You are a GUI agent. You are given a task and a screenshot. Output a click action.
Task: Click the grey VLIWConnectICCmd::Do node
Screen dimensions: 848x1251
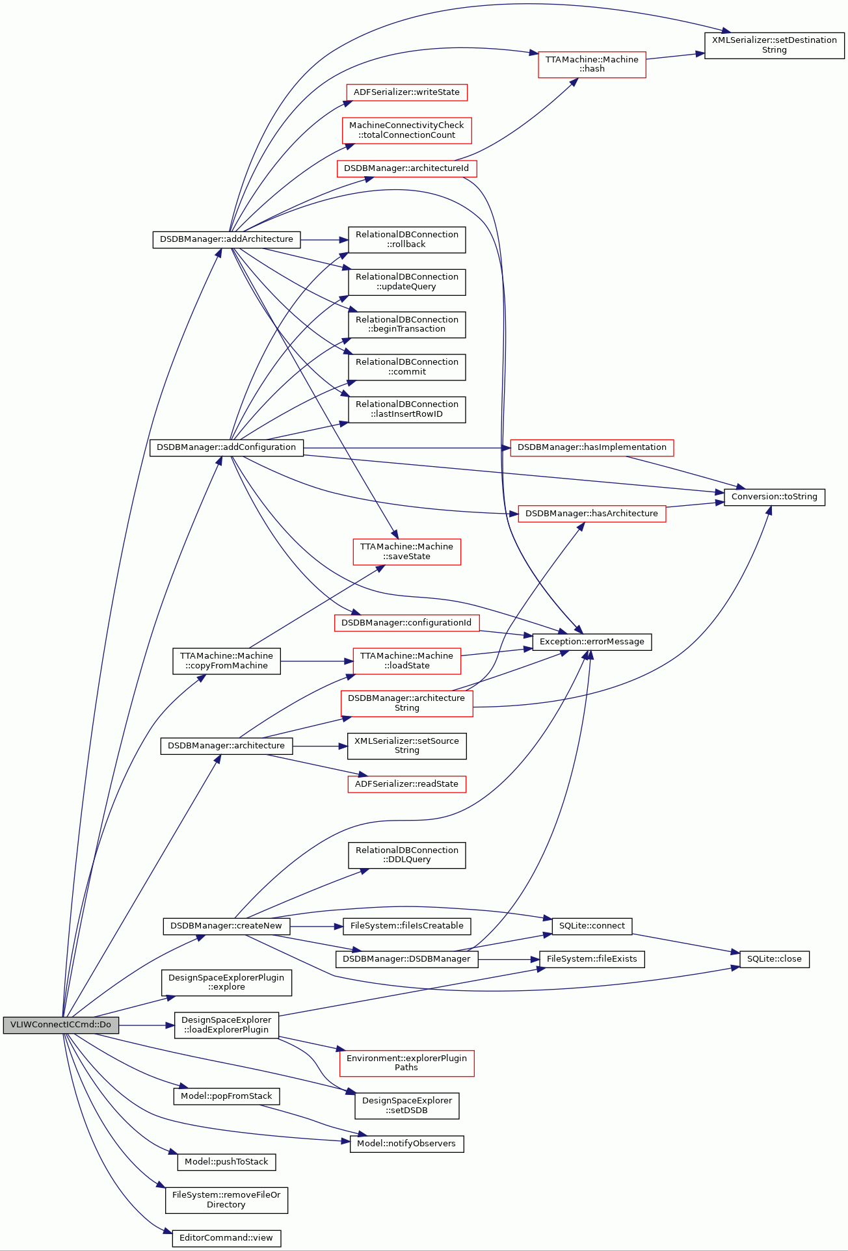point(61,1025)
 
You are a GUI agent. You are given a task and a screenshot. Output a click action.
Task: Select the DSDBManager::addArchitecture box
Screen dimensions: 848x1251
point(226,239)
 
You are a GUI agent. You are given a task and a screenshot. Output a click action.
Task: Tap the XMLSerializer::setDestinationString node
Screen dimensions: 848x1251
point(775,45)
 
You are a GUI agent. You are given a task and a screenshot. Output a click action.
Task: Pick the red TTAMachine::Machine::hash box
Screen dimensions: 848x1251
point(592,64)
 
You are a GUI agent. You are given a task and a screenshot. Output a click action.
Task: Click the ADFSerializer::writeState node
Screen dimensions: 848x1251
point(406,92)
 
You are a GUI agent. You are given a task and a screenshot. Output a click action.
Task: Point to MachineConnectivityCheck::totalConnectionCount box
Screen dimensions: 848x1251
point(406,130)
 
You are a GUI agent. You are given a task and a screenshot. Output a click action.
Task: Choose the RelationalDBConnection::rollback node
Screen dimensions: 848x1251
point(407,239)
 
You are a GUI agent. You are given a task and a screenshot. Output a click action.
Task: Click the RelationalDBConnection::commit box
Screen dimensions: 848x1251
point(407,367)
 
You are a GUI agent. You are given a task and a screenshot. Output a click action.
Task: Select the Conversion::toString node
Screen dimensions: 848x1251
point(775,497)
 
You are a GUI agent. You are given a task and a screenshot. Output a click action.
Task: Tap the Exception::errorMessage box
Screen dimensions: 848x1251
point(592,642)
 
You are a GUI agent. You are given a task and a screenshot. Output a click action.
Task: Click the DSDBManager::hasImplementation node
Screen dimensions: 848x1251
point(592,447)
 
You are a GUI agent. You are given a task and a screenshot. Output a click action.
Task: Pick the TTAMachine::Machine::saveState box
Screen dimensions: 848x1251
point(406,551)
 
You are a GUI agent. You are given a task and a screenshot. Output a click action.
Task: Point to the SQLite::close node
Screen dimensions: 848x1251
point(775,959)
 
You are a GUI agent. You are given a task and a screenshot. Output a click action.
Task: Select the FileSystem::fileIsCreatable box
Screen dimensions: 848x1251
point(407,926)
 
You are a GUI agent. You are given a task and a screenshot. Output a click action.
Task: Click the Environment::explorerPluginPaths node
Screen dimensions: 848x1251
point(406,1063)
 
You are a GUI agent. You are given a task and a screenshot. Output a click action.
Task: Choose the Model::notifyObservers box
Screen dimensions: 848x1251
point(406,1144)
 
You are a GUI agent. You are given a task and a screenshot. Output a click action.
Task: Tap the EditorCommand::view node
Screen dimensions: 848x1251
point(226,1238)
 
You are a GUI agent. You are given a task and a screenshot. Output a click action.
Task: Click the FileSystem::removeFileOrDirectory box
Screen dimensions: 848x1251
point(226,1200)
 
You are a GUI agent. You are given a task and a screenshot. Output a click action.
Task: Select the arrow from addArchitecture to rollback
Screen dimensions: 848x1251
point(325,240)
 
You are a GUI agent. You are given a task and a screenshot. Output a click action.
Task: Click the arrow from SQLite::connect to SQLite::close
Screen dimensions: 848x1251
point(686,943)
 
